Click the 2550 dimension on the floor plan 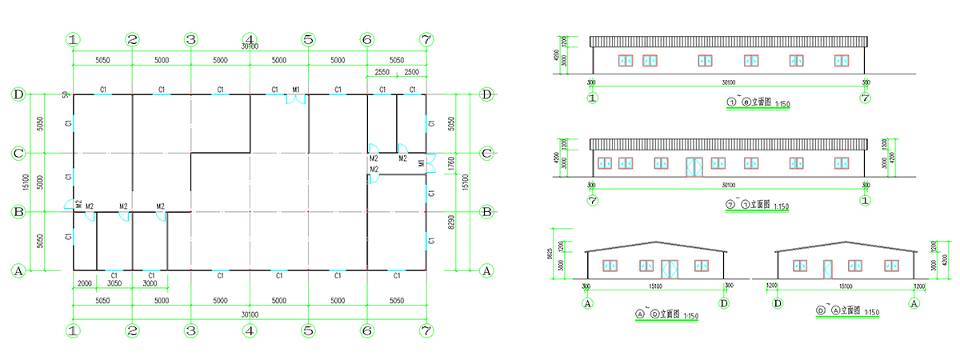click(382, 73)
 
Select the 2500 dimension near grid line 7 click(411, 73)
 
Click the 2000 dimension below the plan click(84, 283)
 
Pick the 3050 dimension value click(114, 283)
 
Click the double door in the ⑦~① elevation click(694, 166)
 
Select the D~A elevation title click(847, 311)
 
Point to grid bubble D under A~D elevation click(725, 304)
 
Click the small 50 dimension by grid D click(66, 94)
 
